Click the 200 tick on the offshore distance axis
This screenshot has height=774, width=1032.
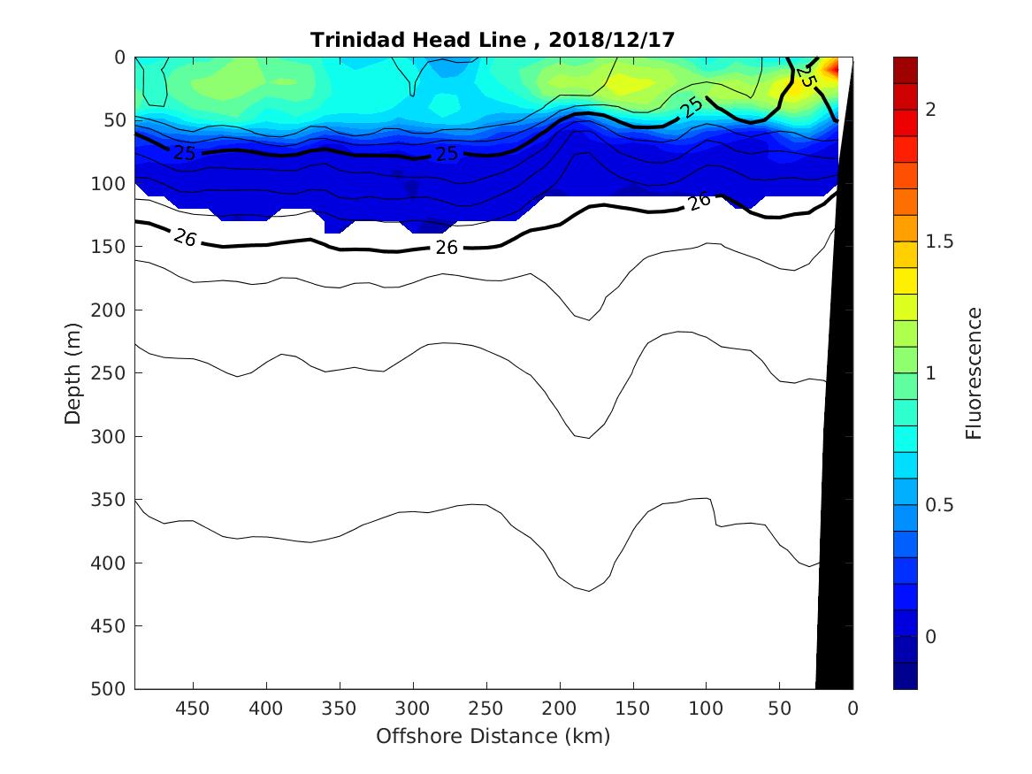pos(559,709)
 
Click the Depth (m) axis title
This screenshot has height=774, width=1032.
pos(73,372)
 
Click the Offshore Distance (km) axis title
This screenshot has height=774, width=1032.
pos(493,736)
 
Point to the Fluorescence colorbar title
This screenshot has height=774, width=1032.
pos(974,372)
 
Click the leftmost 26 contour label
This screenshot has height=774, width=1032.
pos(185,237)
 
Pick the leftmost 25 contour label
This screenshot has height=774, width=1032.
pos(184,153)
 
